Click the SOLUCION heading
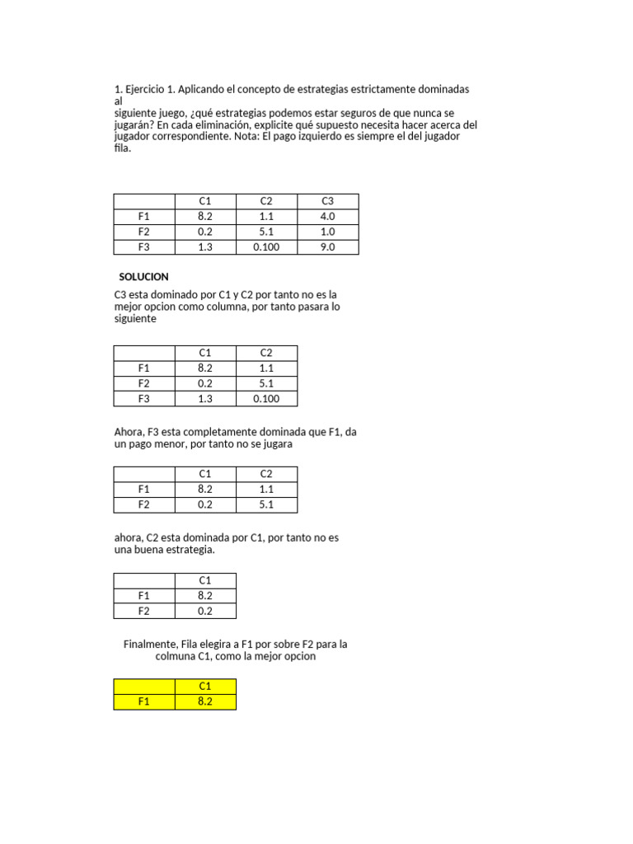pyautogui.click(x=143, y=277)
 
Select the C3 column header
pyautogui.click(x=328, y=201)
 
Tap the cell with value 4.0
pyautogui.click(x=328, y=217)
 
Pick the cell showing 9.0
pyautogui.click(x=328, y=246)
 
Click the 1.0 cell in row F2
pyautogui.click(x=328, y=232)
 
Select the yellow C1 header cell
pyautogui.click(x=205, y=687)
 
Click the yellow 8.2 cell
pyautogui.click(x=205, y=701)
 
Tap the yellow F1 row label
pyautogui.click(x=144, y=701)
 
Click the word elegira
pyautogui.click(x=218, y=644)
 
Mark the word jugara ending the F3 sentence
pyautogui.click(x=278, y=443)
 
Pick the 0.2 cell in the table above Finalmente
pyautogui.click(x=205, y=611)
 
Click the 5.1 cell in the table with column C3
pyautogui.click(x=266, y=232)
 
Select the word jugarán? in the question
pyautogui.click(x=135, y=124)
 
